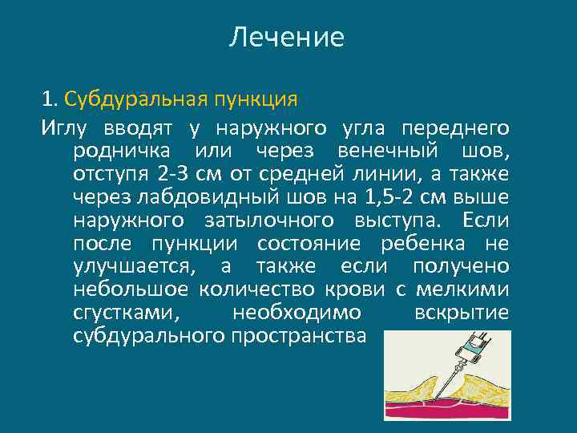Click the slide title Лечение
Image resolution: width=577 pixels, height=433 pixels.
(x=287, y=38)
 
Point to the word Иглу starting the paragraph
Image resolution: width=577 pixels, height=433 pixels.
(x=66, y=127)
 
